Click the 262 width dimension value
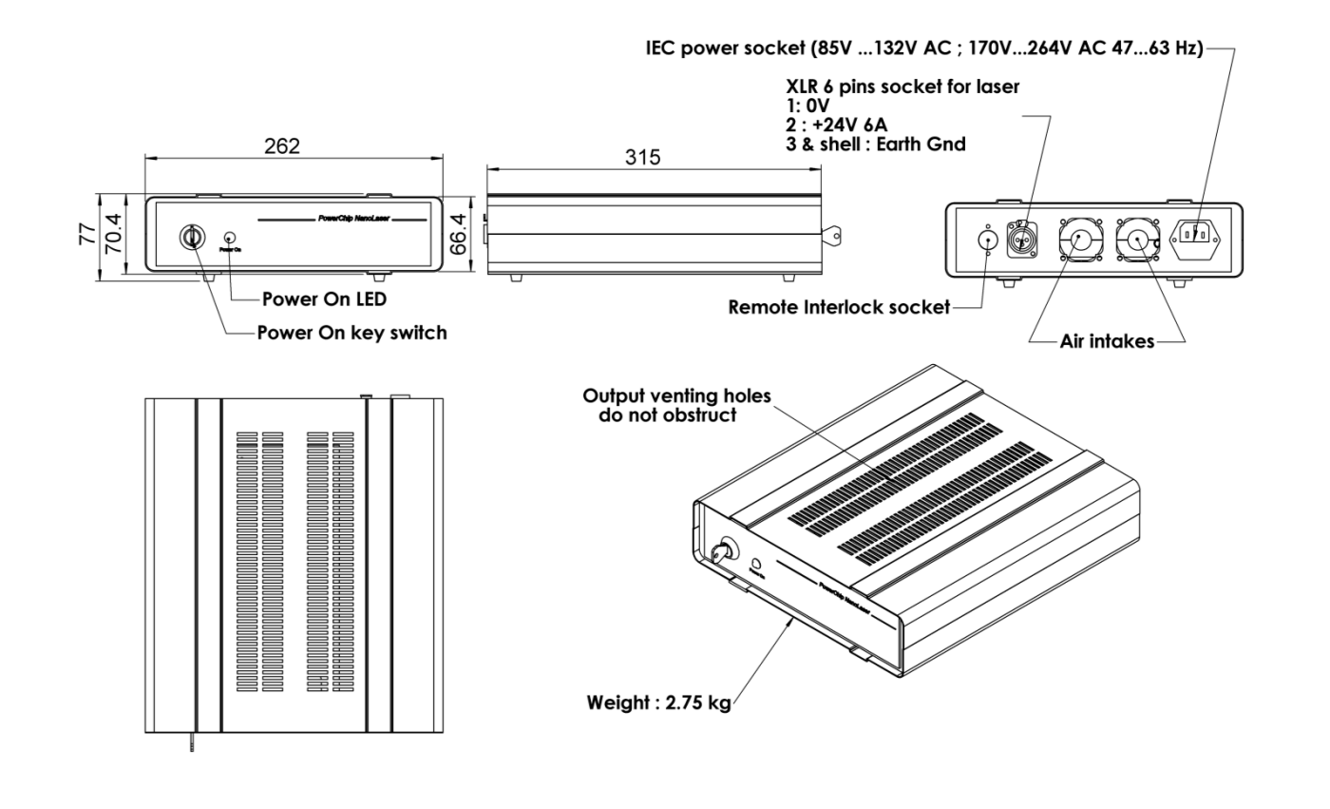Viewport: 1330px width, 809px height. [x=282, y=146]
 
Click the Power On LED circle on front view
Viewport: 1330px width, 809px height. [x=229, y=236]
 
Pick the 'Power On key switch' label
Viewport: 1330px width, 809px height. [x=351, y=333]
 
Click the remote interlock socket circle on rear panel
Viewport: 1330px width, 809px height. [x=988, y=239]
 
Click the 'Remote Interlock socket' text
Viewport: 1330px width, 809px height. [x=839, y=308]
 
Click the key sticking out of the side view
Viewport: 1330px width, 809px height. [x=833, y=229]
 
